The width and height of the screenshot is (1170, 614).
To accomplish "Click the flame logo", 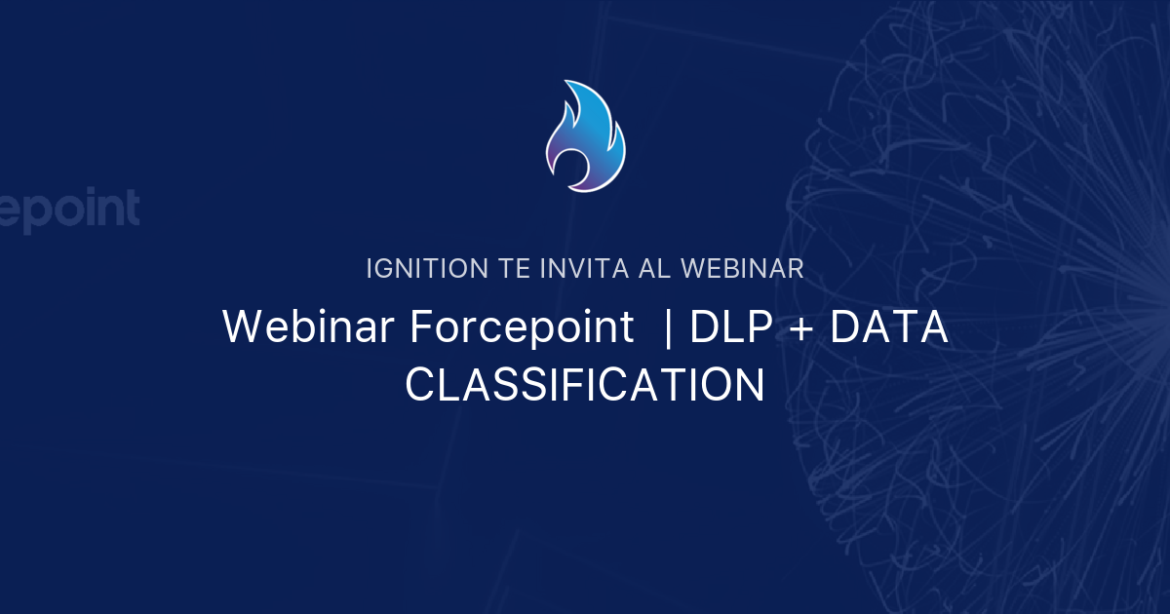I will pos(585,136).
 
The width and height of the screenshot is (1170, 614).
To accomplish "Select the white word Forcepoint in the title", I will pos(522,327).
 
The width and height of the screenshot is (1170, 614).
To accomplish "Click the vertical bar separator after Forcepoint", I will pos(667,327).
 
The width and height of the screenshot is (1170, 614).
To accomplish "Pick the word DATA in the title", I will pos(888,327).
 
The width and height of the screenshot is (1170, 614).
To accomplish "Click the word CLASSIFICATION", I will pos(585,386).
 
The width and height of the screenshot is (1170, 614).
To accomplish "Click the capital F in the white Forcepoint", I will pos(420,327).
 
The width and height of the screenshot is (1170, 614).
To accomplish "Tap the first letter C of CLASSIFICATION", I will pos(420,386).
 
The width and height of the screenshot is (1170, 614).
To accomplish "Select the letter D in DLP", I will pos(704,327).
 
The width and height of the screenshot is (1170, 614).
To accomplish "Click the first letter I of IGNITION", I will pos(370,269).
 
